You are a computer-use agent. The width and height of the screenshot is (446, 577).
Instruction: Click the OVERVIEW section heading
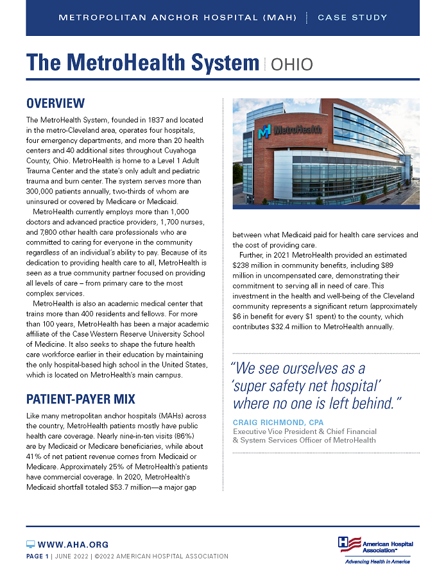(x=55, y=104)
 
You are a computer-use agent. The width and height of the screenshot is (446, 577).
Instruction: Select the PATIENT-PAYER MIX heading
(x=80, y=399)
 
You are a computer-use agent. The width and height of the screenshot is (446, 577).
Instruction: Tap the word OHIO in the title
(x=292, y=64)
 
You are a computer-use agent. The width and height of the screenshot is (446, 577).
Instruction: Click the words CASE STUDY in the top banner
(x=352, y=17)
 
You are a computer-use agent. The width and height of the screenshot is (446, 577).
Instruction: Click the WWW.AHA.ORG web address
(x=73, y=544)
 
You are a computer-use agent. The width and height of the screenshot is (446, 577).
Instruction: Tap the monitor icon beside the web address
(x=30, y=544)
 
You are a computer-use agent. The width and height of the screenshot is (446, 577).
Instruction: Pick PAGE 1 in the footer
(x=37, y=556)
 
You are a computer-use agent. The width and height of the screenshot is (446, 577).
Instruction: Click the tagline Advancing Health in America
(x=376, y=562)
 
